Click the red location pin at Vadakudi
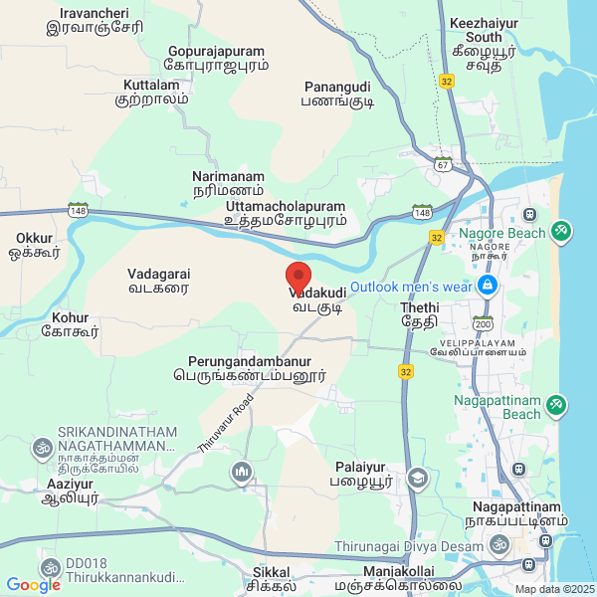(298, 277)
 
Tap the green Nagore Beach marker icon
(561, 232)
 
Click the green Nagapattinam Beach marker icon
(557, 404)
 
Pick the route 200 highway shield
(485, 323)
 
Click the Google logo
(34, 584)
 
